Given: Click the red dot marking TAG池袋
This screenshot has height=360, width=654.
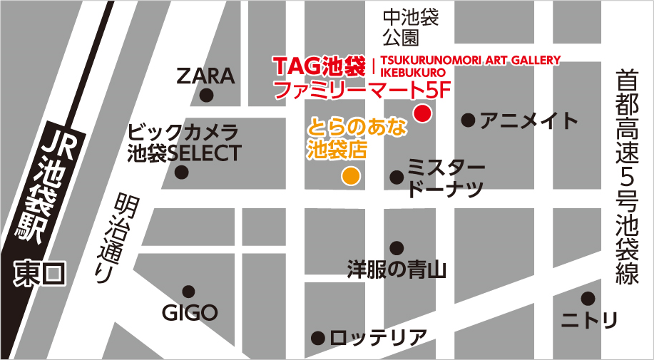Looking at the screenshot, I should pos(423,113).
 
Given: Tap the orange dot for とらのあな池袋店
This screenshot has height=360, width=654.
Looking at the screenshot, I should pos(350,175).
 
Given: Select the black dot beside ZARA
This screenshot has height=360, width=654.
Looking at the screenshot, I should pos(207,95).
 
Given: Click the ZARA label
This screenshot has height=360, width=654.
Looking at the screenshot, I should pos(205,76).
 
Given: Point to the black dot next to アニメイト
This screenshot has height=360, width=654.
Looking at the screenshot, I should pos(468,120).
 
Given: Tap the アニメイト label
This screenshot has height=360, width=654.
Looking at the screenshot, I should pos(528,120).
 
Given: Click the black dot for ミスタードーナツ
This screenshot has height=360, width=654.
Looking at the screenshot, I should pos(396,176).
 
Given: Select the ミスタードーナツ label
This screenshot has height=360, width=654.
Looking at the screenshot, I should pos(446,179).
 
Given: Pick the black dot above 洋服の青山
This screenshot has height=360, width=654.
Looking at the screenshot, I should pos(397,248).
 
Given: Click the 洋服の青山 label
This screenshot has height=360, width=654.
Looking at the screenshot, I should pos(396,269).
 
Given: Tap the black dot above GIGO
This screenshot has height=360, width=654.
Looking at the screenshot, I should pos(188,291).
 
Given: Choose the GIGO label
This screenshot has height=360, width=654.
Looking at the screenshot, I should pos(189,312).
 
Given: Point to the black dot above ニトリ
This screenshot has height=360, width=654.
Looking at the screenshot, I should pos(588,298).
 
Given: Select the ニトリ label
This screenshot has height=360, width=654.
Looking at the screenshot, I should pos(588,320).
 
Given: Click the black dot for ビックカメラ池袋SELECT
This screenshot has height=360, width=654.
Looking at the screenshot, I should pos(183,172).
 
